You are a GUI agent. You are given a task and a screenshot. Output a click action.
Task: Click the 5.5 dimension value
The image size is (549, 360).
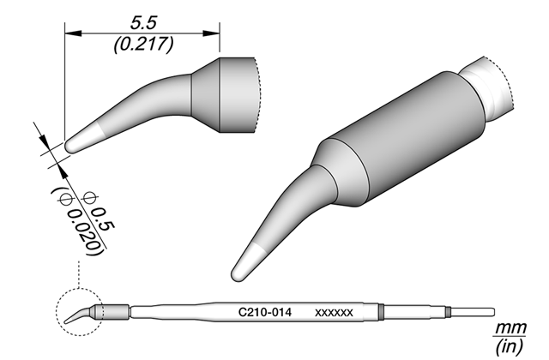click(x=143, y=23)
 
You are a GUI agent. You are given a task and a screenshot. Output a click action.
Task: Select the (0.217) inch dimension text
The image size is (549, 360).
click(x=143, y=45)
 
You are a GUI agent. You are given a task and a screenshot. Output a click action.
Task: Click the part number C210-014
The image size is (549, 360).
click(x=265, y=312)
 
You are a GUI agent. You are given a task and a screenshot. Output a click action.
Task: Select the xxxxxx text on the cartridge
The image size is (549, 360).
click(x=334, y=313)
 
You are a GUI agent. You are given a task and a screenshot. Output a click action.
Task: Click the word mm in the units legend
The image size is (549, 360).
click(x=510, y=328)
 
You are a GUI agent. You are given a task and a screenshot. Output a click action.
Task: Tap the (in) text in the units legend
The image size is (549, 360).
click(x=510, y=346)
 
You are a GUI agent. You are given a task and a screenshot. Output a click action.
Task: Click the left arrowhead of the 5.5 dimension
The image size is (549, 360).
click(x=73, y=33)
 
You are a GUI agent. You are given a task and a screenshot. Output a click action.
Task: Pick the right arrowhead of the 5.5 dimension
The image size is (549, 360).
click(x=212, y=33)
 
